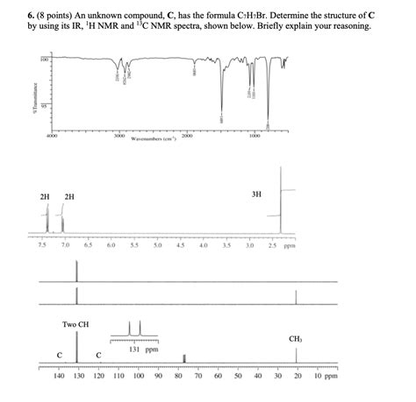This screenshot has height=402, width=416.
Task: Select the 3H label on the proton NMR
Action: [256, 193]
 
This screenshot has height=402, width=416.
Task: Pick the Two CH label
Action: [75, 324]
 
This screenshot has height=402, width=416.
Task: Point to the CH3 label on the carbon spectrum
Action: [295, 339]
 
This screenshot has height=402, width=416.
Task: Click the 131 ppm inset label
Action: [135, 348]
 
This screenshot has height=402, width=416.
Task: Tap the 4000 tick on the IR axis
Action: [52, 136]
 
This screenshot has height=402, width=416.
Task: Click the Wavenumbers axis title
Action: [154, 139]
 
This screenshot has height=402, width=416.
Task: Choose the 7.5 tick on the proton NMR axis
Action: [41, 247]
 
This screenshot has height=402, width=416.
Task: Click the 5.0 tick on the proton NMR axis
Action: [157, 247]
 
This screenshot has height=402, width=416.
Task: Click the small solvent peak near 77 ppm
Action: [184, 357]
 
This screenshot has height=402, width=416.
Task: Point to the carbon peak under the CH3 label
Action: [297, 355]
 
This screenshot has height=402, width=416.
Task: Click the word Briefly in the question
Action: [274, 25]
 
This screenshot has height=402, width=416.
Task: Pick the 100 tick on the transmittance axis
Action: [40, 60]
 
